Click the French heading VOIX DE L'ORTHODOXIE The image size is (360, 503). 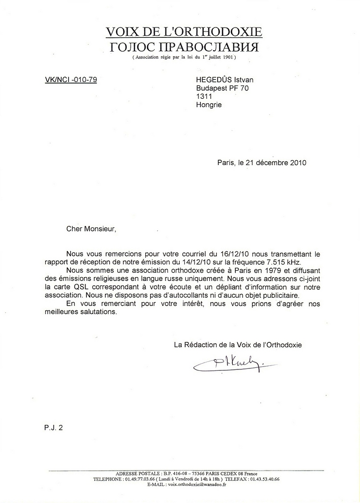(x=184, y=32)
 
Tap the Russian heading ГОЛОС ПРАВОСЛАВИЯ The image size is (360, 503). (x=184, y=47)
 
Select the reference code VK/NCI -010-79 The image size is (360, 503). (x=70, y=79)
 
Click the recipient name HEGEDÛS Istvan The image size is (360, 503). (x=225, y=80)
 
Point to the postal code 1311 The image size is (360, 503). (x=204, y=96)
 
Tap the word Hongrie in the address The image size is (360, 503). (x=209, y=105)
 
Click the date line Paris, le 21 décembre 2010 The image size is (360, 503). (x=261, y=163)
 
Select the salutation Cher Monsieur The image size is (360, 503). (x=92, y=228)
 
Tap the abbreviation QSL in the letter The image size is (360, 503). (x=96, y=287)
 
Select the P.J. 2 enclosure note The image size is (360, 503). (x=53, y=427)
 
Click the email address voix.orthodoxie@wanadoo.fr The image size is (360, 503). (x=196, y=484)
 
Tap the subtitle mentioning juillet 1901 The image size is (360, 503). (x=184, y=57)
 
